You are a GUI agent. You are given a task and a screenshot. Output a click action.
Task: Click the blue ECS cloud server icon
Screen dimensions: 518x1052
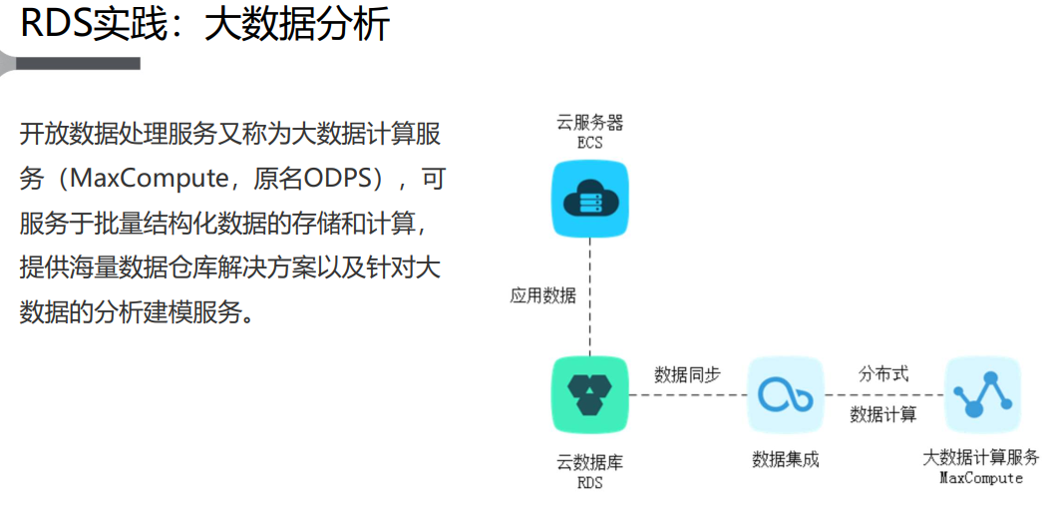[589, 201]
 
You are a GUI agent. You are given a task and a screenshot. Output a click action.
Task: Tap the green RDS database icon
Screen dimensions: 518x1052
[589, 394]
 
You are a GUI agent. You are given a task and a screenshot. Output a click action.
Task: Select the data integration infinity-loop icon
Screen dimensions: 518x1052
[785, 394]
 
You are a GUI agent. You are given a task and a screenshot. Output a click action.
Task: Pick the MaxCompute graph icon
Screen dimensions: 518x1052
[982, 394]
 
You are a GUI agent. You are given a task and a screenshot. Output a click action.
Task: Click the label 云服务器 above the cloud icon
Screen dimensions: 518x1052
[589, 123]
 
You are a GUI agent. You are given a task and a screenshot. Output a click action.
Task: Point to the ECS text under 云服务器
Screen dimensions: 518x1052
[589, 143]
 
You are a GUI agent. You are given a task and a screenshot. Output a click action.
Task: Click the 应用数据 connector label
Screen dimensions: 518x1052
[542, 295]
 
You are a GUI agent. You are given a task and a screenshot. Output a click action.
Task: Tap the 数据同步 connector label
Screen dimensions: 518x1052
[687, 374]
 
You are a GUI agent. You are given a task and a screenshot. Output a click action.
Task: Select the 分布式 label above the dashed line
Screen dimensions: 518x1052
[883, 373]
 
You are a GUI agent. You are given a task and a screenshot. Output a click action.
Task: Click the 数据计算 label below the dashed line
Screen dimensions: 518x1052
[883, 414]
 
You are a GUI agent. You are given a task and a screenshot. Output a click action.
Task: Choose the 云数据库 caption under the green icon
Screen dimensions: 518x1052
[589, 463]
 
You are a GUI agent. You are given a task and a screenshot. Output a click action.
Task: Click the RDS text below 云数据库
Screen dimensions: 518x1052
[589, 483]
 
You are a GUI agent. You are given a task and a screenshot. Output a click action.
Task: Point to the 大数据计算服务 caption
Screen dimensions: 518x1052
[981, 457]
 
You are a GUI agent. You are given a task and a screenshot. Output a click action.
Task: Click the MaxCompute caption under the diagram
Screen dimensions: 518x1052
[981, 478]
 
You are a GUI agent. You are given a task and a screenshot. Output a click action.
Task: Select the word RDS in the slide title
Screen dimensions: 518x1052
[56, 24]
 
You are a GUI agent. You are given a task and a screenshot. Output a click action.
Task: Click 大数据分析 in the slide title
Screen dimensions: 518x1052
[296, 24]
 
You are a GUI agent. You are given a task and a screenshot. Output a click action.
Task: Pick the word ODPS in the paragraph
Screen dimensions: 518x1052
[338, 179]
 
